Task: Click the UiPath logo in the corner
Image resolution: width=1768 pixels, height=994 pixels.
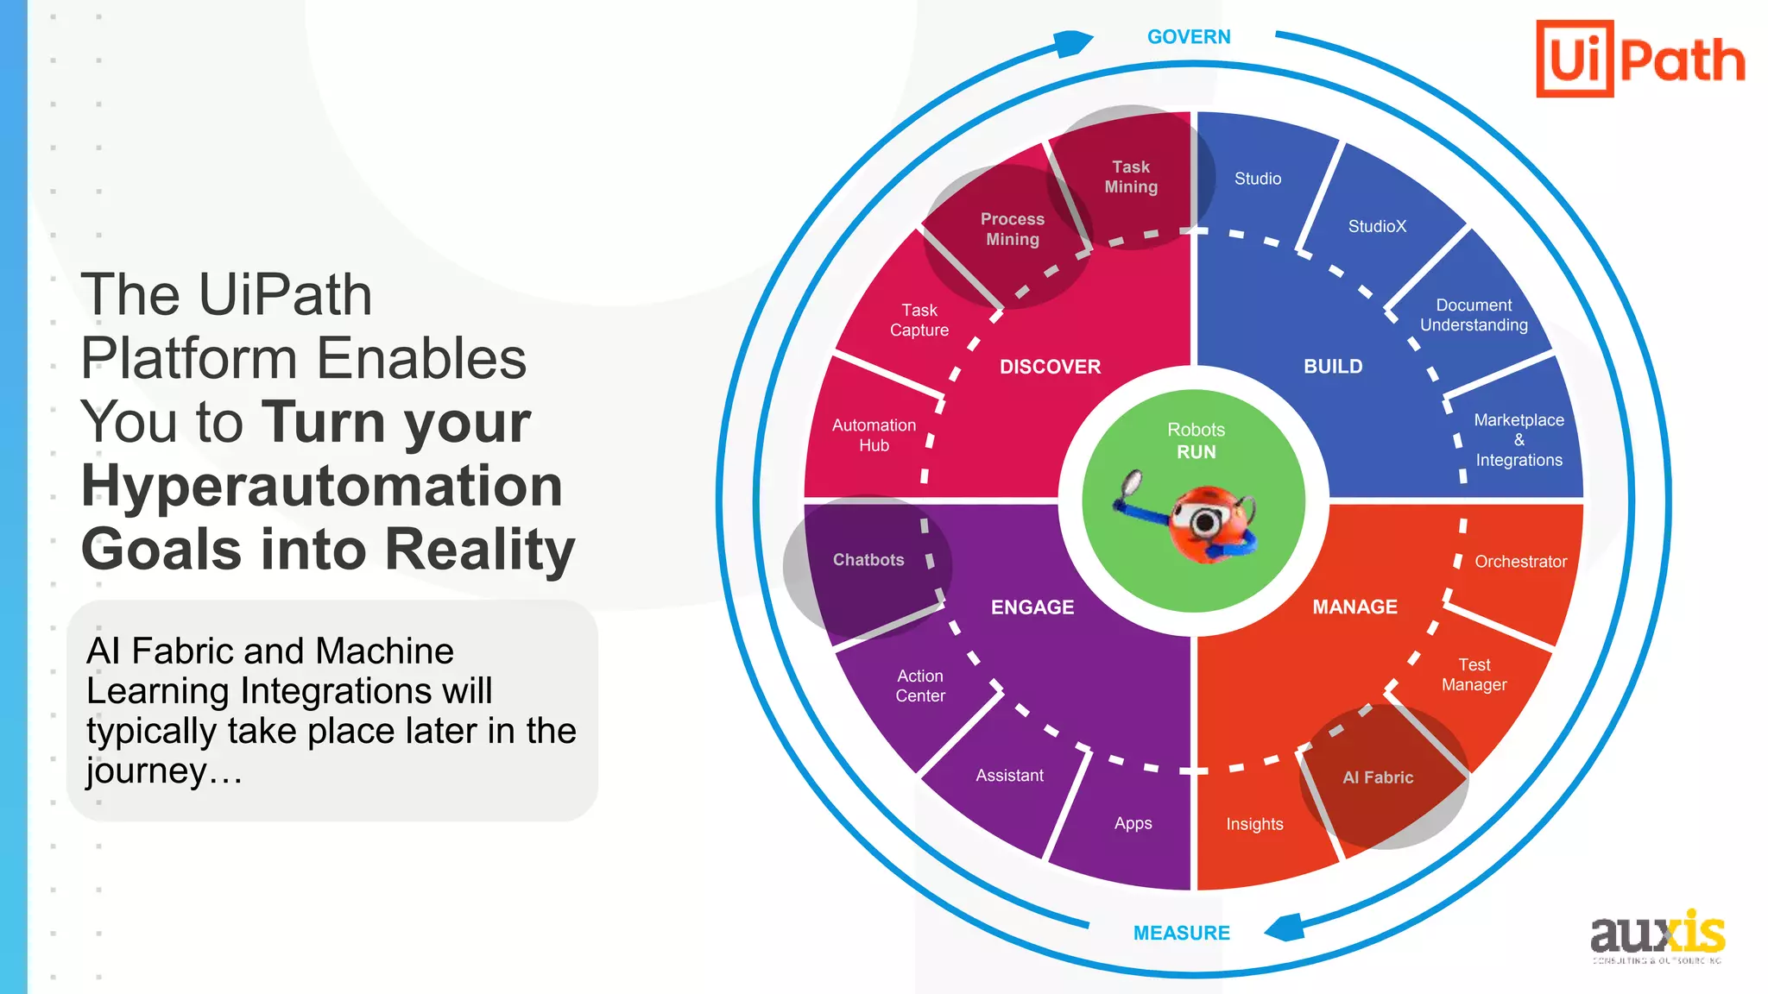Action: coord(1640,59)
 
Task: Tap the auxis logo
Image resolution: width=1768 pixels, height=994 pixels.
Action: coord(1657,935)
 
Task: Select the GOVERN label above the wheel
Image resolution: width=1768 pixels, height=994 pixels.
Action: coord(1189,37)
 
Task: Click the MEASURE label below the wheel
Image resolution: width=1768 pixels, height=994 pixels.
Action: coord(1181,933)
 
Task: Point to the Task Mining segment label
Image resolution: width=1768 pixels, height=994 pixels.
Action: coord(1131,177)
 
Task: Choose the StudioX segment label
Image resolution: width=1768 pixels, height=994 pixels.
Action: coord(1377,226)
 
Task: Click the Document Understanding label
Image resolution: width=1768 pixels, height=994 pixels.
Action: coord(1474,315)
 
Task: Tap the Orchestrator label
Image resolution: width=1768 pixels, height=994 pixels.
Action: coord(1520,562)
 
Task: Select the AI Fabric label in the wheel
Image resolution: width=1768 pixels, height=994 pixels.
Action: coord(1378,777)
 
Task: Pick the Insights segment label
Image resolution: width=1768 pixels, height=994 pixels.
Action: coord(1254,824)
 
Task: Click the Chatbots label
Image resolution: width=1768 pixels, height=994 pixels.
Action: coord(868,560)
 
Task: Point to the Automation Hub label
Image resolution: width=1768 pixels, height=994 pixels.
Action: coord(874,435)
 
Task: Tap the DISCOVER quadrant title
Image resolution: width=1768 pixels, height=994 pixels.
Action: coord(1050,367)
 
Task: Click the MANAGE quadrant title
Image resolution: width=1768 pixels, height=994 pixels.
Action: coord(1354,607)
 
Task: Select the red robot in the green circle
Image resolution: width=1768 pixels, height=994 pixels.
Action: coord(1209,523)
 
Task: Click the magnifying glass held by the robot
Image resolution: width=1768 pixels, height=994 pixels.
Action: coord(1130,484)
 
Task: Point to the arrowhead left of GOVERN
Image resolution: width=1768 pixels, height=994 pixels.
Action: coord(1074,42)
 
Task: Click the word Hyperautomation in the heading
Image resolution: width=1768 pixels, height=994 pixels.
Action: coord(321,486)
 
